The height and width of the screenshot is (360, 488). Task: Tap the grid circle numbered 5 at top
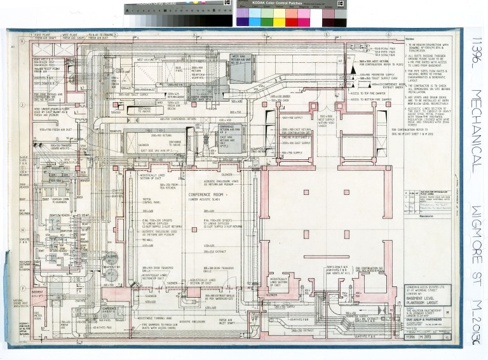point(326,34)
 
